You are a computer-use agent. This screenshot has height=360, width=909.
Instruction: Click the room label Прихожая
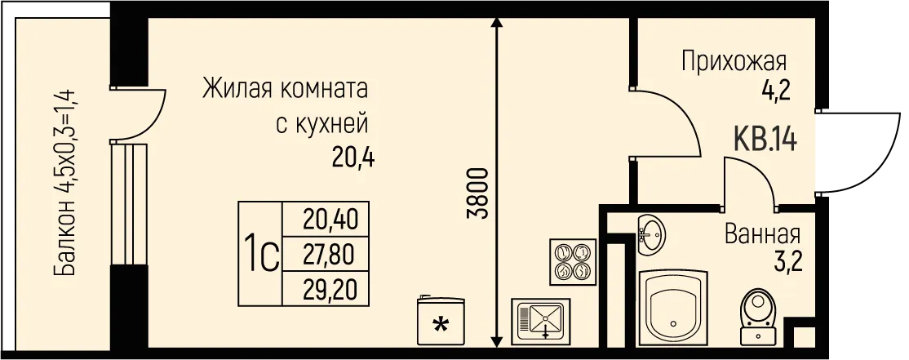734,62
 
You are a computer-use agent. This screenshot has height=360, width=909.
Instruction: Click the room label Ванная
762,236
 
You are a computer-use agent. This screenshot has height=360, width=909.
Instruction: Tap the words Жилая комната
285,87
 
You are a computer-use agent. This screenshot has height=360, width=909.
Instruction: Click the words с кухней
323,124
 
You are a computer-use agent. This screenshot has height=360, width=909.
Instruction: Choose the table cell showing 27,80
330,255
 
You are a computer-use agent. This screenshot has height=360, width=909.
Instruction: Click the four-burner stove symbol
571,261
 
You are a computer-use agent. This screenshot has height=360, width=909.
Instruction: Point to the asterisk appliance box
441,322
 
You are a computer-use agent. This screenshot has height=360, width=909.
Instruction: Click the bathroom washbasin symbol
650,233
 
